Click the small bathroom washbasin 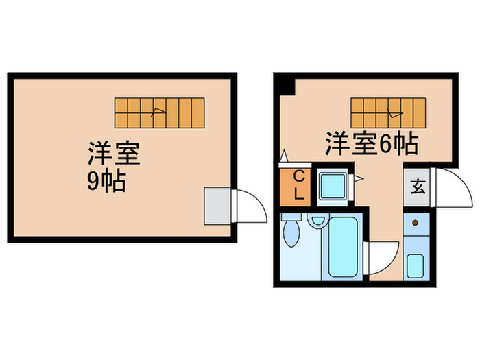317,221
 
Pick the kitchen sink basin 415,265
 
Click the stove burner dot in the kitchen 414,223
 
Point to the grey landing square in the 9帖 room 219,204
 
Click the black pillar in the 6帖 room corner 286,87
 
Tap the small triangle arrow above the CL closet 283,156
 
